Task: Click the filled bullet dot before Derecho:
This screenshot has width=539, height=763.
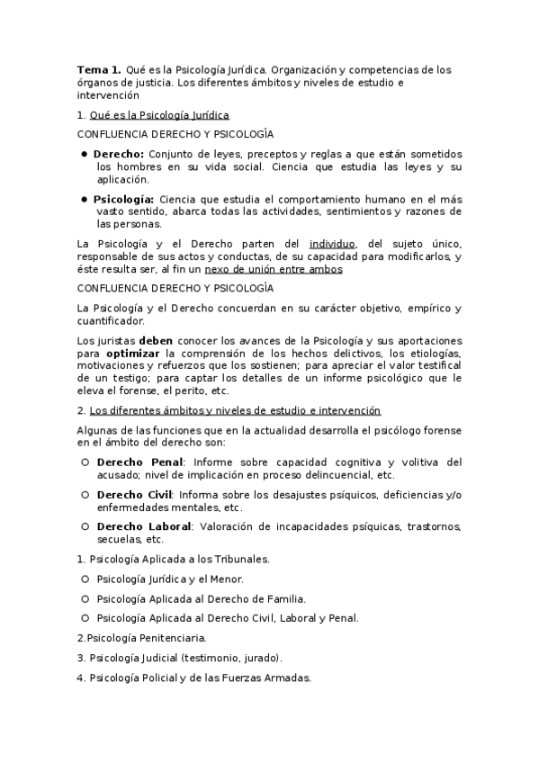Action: [84, 154]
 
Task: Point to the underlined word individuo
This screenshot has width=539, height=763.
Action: [332, 243]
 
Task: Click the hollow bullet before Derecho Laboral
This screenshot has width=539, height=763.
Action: [84, 526]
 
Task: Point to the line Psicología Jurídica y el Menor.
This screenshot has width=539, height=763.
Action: [169, 579]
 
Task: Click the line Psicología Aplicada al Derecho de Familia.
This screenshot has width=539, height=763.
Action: [201, 598]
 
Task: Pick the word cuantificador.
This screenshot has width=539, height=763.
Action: [110, 320]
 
